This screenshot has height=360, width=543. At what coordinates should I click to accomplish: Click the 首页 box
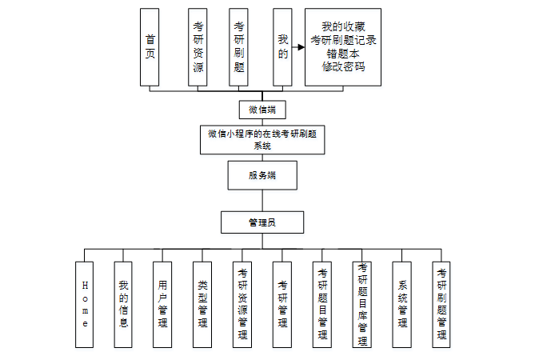(150, 47)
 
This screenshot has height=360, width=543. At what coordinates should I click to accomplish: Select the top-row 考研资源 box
(198, 47)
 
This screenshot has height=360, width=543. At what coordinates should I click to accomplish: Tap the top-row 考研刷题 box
(238, 47)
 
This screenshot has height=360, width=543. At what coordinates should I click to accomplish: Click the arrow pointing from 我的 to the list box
(299, 47)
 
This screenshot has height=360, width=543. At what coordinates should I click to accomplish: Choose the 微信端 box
(262, 110)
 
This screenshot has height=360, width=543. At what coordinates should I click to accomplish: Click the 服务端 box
(262, 175)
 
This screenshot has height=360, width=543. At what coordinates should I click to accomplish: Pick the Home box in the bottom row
(86, 304)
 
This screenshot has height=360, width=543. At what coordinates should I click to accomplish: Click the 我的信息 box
(123, 304)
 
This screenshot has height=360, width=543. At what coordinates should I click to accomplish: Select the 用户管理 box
(163, 304)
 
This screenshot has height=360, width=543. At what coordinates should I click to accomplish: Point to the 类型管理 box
(202, 304)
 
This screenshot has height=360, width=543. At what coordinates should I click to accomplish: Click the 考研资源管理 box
(242, 304)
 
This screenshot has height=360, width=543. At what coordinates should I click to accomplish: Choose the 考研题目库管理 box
(362, 304)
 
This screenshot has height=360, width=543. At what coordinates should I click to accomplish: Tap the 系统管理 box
(402, 304)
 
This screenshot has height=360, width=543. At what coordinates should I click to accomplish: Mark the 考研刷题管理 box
(441, 304)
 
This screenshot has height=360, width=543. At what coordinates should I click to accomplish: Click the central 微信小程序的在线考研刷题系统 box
(262, 138)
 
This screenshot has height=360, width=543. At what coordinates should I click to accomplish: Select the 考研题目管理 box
(322, 304)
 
